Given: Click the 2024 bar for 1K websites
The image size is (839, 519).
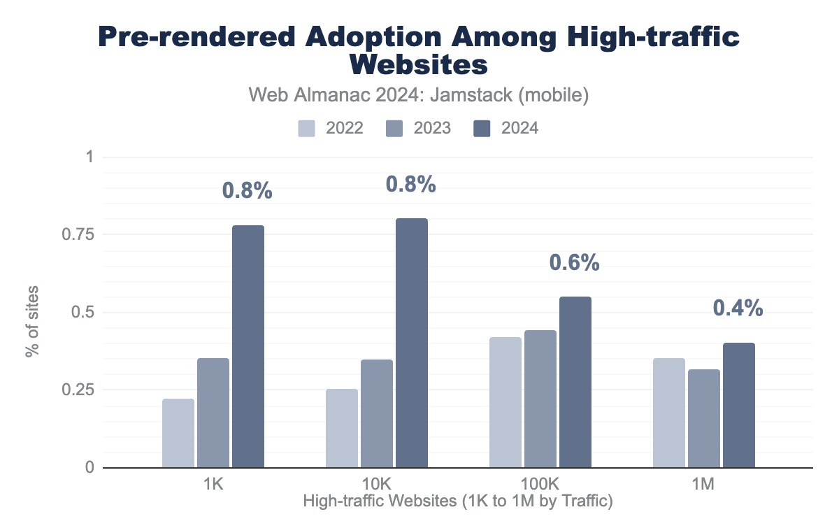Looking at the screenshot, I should click(x=248, y=346).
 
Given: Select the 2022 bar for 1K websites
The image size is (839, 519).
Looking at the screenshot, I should click(x=178, y=433).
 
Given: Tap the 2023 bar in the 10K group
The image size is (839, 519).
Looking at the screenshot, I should click(x=377, y=413).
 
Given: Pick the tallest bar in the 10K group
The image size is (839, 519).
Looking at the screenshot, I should click(x=412, y=343).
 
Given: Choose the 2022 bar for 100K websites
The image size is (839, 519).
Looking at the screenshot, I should click(x=505, y=402).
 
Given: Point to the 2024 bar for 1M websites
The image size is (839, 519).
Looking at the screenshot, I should click(x=739, y=405).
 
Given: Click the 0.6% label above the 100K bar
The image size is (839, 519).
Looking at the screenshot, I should click(x=574, y=262).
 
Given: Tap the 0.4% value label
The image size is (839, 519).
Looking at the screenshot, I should click(x=738, y=308).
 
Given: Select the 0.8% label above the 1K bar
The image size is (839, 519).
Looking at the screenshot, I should click(x=247, y=190).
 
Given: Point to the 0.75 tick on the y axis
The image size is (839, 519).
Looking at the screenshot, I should click(x=80, y=234).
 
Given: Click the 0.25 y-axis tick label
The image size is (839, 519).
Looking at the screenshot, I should click(x=80, y=390).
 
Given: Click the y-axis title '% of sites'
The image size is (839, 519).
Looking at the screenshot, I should click(x=33, y=320).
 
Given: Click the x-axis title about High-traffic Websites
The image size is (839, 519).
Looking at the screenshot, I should click(x=458, y=501).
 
